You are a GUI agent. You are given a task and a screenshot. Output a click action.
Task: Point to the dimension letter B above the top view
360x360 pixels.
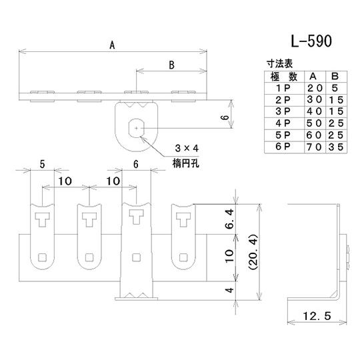coord(171,65)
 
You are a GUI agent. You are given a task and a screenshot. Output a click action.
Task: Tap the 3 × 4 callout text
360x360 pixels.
coord(187,147)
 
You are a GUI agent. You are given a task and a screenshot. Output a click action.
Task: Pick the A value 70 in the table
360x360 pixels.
coord(312,146)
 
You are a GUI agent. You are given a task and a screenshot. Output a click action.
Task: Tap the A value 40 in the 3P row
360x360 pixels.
coord(312,111)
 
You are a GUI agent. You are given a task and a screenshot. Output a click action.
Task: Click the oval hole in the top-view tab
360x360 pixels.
coord(137,125)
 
